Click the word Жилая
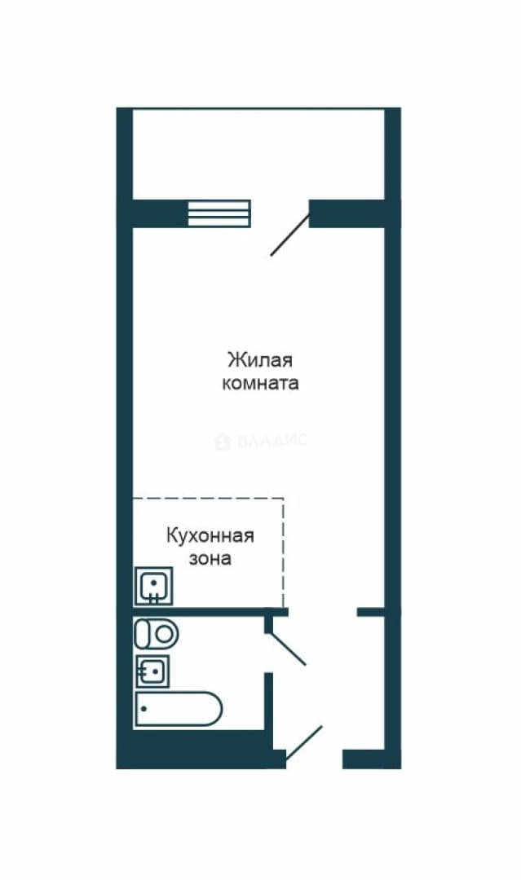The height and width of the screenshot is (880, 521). pyautogui.click(x=260, y=359)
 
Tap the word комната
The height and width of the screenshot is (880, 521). pyautogui.click(x=260, y=383)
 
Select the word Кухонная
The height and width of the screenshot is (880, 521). pyautogui.click(x=210, y=535)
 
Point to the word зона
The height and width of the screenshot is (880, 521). pyautogui.click(x=210, y=559)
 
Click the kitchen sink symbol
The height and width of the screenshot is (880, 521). pyautogui.click(x=153, y=586)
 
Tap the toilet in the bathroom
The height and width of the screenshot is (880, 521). pyautogui.click(x=156, y=634)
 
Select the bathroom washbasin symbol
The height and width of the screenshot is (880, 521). pyautogui.click(x=152, y=671)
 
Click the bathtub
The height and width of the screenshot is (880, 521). pyautogui.click(x=178, y=709)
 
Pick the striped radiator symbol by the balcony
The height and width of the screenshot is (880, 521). pyautogui.click(x=219, y=213)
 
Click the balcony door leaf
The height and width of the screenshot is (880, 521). pyautogui.click(x=290, y=235)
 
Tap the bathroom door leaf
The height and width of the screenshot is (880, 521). pyautogui.click(x=288, y=649)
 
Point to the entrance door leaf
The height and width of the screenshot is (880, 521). pyautogui.click(x=304, y=744)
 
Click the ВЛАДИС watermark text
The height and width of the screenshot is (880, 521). pyautogui.click(x=272, y=440)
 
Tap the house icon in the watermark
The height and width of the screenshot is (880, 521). pyautogui.click(x=223, y=441)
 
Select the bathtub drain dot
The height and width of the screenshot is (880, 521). pyautogui.click(x=144, y=709)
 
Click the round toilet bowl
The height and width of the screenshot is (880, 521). pyautogui.click(x=164, y=634)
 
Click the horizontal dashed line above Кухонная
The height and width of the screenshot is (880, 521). pyautogui.click(x=208, y=499)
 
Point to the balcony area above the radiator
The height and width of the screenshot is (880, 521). pyautogui.click(x=258, y=154)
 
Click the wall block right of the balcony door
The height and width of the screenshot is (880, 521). pyautogui.click(x=347, y=213)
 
